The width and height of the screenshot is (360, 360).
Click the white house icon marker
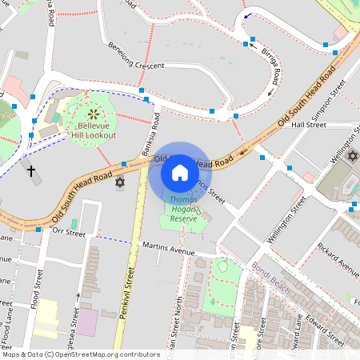point(179,172)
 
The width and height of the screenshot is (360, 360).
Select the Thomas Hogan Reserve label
point(184,207)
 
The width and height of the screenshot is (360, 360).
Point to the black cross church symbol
point(31,170)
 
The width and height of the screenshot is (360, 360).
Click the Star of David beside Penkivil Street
point(121,183)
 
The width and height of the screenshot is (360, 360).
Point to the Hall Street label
point(309,125)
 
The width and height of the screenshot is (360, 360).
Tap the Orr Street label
point(68,233)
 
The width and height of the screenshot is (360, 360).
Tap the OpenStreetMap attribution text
point(80,354)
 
